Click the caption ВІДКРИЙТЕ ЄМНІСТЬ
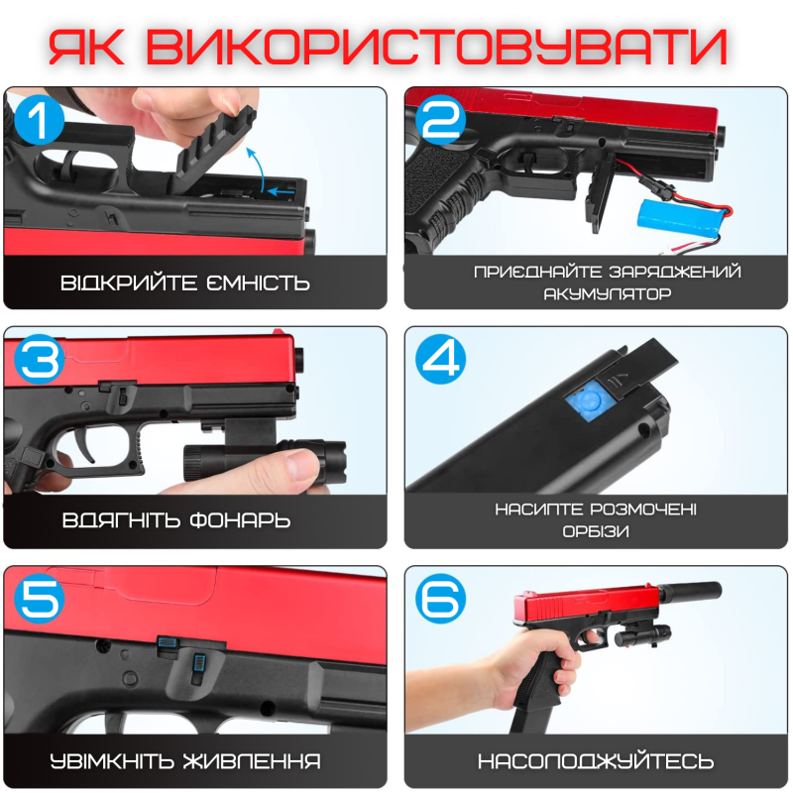[x=185, y=283]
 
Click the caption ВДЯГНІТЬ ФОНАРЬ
[x=175, y=520]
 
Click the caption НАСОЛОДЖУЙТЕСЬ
[x=595, y=761]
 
